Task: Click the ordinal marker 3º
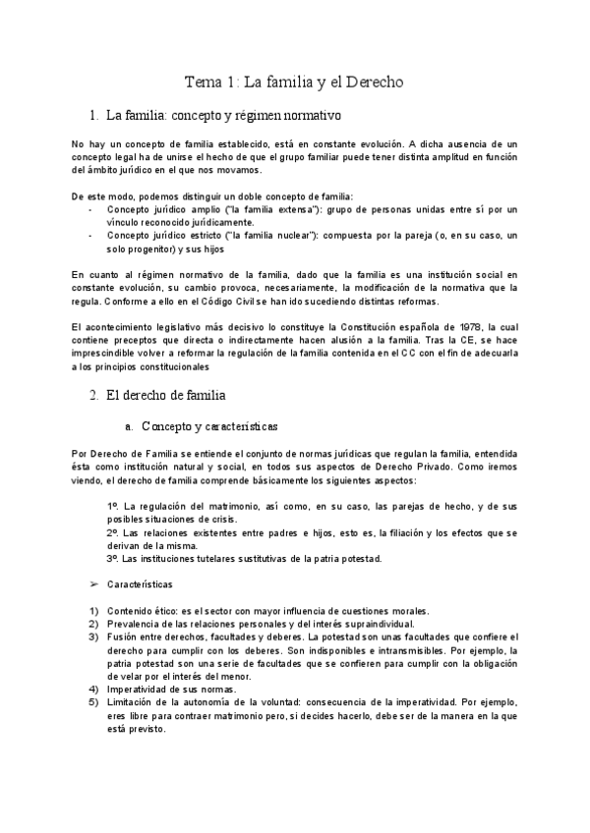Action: pos(113,558)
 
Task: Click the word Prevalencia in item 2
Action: pos(135,623)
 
